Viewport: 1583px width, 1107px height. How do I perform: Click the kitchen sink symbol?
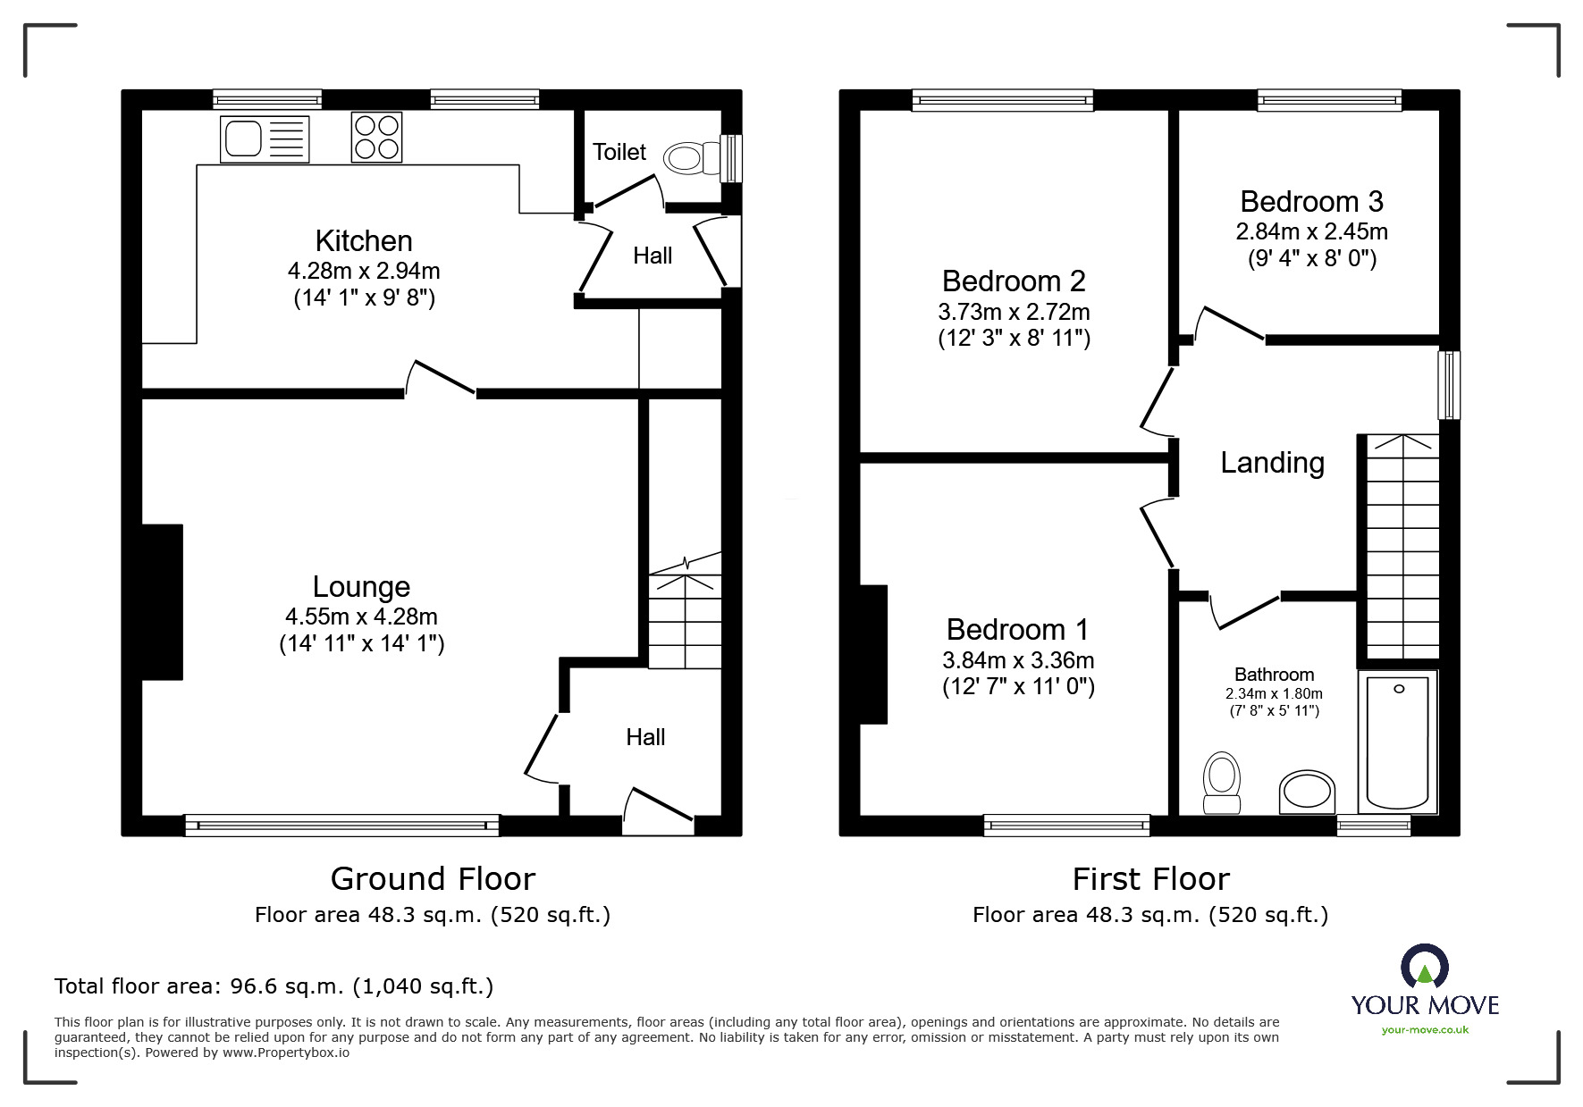[265, 139]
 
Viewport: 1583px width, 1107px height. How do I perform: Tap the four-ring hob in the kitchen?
[376, 137]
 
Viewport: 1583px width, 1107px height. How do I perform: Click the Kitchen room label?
[364, 241]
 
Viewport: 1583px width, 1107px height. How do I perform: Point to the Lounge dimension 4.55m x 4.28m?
[361, 616]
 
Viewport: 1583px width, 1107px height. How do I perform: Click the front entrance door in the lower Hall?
[660, 806]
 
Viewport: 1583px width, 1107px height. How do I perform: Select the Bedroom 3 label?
[1311, 202]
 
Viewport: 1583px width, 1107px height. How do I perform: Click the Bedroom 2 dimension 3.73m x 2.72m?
[1014, 312]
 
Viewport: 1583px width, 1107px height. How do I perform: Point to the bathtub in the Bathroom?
[1397, 742]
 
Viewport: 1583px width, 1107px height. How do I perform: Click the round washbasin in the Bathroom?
[1307, 792]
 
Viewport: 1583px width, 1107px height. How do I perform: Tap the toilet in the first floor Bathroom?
[1222, 782]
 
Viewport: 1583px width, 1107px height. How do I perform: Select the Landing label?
[1272, 463]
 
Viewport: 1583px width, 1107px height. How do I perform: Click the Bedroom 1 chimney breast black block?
[873, 654]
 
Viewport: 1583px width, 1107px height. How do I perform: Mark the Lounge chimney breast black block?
[162, 602]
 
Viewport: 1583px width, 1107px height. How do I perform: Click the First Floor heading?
[1150, 879]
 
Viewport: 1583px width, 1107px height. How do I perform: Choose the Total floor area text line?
[274, 986]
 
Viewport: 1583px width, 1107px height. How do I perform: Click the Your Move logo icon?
[1424, 968]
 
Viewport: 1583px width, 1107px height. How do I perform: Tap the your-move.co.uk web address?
[1425, 1030]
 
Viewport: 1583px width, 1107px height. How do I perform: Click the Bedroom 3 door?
[1230, 323]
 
